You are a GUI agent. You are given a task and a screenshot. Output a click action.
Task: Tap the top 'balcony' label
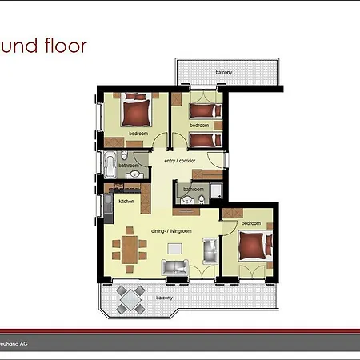[x=224, y=73]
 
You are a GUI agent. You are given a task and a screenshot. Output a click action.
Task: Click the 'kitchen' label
[x=126, y=201]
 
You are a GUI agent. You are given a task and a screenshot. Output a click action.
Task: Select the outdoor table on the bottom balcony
[x=130, y=298]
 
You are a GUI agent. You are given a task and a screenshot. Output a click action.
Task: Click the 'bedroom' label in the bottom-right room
[x=250, y=223]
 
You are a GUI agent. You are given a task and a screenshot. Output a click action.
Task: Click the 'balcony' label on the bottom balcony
[x=163, y=298]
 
